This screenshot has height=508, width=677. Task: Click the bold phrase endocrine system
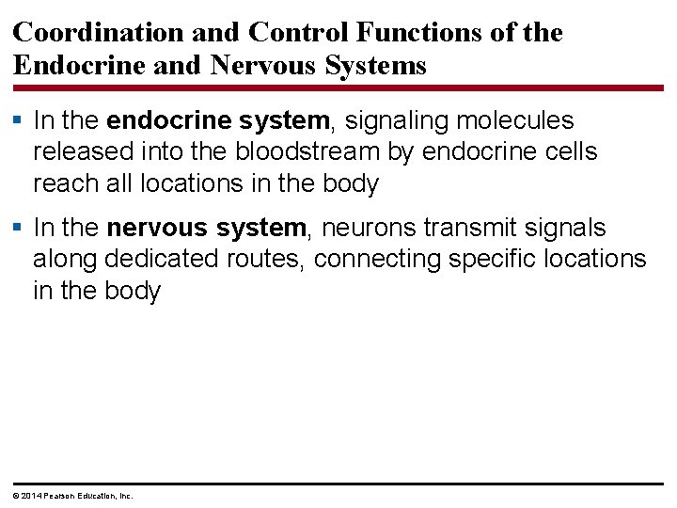pyautogui.click(x=219, y=121)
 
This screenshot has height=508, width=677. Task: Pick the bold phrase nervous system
pyautogui.click(x=207, y=228)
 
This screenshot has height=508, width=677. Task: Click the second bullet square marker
pyautogui.click(x=18, y=229)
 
